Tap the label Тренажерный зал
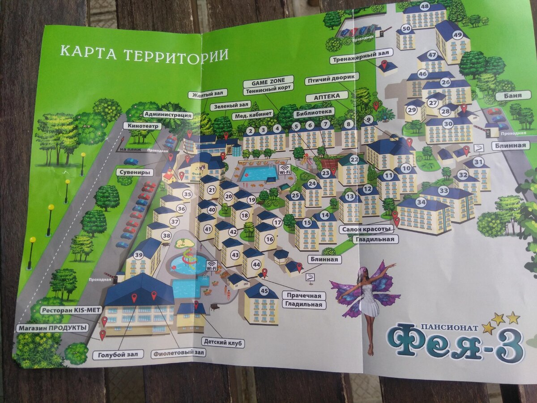click(x=362, y=53)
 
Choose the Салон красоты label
click(x=367, y=229)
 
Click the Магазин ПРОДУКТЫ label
click(x=52, y=328)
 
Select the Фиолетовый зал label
click(x=178, y=353)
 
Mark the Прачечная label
click(x=304, y=296)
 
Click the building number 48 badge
click(x=425, y=7)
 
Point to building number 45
click(x=264, y=290)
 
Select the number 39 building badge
click(x=139, y=255)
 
